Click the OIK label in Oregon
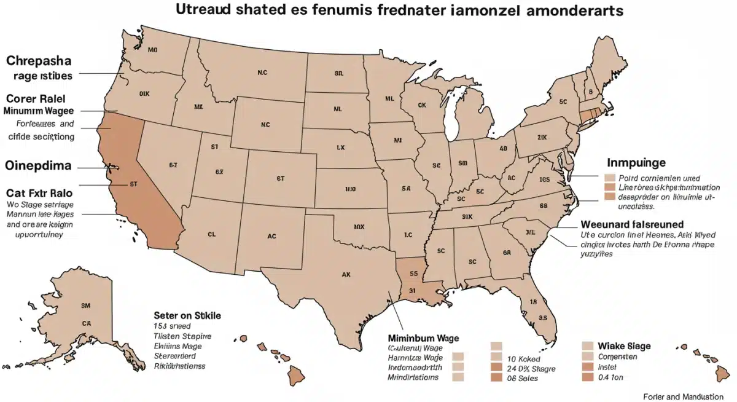pyautogui.click(x=145, y=95)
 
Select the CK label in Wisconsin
pyautogui.click(x=421, y=105)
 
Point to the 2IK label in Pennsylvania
pyautogui.click(x=542, y=137)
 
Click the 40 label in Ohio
pyautogui.click(x=503, y=148)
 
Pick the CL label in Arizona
pyautogui.click(x=212, y=234)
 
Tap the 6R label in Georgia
pyautogui.click(x=507, y=252)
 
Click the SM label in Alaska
pyautogui.click(x=85, y=304)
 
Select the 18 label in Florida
pyautogui.click(x=533, y=302)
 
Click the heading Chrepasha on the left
pyautogui.click(x=39, y=61)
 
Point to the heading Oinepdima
pyautogui.click(x=38, y=166)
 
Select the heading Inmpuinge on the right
pyautogui.click(x=636, y=163)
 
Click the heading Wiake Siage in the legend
pyautogui.click(x=624, y=346)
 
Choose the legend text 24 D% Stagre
pyautogui.click(x=531, y=368)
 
